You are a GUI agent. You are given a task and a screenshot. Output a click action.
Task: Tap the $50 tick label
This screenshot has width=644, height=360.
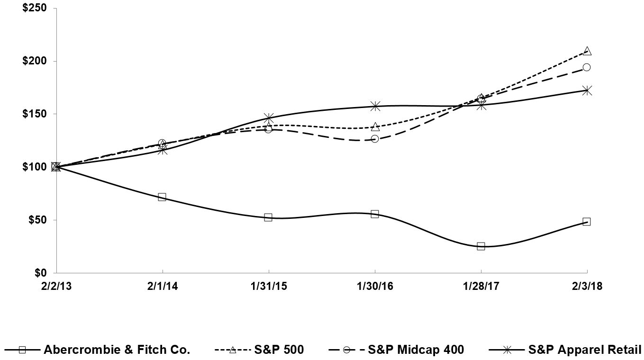point(38,220)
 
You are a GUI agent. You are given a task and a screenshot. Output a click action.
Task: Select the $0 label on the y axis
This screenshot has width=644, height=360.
point(41,273)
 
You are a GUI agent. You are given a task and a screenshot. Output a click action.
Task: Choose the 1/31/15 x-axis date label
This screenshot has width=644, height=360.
point(269,287)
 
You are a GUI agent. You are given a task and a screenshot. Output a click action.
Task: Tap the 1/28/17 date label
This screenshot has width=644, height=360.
point(481,287)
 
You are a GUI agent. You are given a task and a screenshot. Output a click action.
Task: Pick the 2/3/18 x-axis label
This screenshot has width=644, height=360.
point(587,287)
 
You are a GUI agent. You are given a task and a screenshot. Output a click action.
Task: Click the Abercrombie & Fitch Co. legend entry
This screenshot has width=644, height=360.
point(117,350)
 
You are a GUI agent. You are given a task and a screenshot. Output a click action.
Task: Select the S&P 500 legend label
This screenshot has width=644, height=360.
point(279,350)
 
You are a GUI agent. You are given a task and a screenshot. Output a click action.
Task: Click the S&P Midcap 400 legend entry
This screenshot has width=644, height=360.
point(416,350)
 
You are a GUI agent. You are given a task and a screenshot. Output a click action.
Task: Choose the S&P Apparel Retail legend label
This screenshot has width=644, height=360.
point(584,350)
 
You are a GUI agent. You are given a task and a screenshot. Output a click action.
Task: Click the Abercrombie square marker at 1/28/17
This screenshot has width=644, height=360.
point(481,246)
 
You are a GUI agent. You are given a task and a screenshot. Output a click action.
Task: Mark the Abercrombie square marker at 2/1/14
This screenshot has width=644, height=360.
point(162,197)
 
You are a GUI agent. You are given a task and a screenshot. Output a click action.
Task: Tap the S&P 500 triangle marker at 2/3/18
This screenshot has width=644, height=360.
point(587,51)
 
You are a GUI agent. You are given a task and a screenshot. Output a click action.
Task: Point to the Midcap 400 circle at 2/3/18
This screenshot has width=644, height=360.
point(587,67)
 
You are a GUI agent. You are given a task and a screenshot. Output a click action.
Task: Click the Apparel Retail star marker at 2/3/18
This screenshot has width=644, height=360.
point(587,90)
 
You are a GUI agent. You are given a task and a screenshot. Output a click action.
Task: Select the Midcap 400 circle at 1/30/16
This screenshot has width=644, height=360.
point(375,139)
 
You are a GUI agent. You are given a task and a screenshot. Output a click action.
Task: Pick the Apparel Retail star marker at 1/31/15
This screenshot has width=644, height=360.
point(269,117)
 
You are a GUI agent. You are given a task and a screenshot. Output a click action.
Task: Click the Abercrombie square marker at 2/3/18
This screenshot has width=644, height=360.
point(587,222)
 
